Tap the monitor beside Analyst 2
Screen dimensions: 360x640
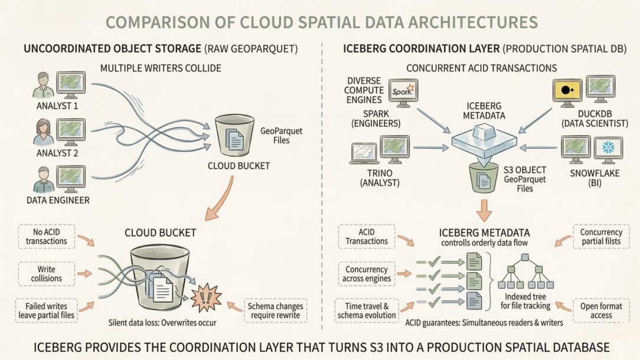[70, 132]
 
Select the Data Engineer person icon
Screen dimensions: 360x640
[44, 179]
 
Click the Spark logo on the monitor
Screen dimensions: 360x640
[403, 92]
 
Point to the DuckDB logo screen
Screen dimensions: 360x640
[567, 90]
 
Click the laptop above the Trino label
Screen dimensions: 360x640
[364, 152]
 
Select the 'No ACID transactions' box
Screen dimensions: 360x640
[46, 236]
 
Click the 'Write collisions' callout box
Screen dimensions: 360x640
[46, 273]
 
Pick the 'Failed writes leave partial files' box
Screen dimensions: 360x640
[46, 310]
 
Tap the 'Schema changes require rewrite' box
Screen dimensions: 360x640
[275, 310]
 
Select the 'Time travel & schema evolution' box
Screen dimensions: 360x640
[366, 310]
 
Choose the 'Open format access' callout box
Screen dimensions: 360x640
[602, 310]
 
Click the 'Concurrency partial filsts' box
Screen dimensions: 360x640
[602, 236]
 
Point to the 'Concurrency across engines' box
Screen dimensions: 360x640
[366, 273]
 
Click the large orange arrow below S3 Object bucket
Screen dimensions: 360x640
[483, 210]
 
